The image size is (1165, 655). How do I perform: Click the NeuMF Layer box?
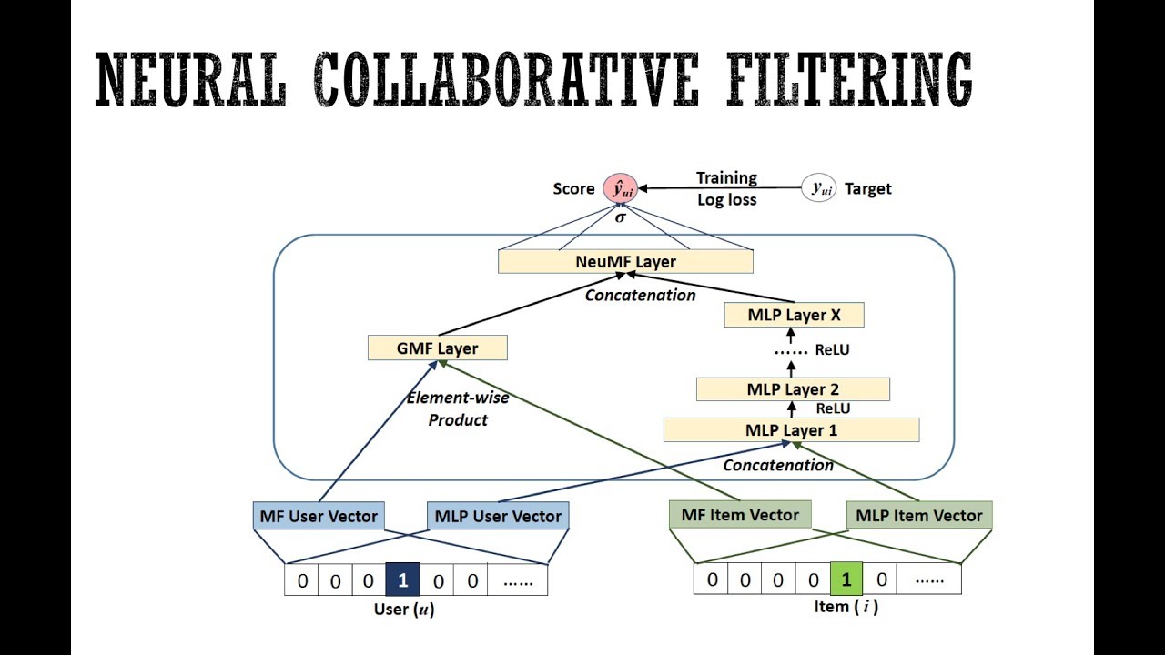pos(625,262)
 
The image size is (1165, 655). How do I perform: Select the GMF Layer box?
pos(437,348)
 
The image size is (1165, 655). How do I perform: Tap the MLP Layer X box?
pos(794,316)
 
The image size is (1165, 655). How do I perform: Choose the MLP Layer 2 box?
pos(793,389)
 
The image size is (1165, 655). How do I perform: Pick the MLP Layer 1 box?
pos(791,430)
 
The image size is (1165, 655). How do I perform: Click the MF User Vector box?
pos(319,516)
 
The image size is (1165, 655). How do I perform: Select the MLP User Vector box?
pos(498,516)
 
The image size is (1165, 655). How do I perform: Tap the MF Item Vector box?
pos(740,515)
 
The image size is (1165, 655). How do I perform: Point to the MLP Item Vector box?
pos(919,516)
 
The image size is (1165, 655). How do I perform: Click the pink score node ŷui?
pos(621,188)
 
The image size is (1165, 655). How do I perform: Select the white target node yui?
pos(819,188)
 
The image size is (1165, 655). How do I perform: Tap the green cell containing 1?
pos(846,579)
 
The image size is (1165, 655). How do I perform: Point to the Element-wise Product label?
pos(458,408)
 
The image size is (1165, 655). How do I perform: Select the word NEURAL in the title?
pos(191,80)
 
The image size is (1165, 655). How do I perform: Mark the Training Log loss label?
pos(726,189)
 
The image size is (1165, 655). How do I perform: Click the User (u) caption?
pos(403,610)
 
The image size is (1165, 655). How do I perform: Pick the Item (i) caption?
pos(846,607)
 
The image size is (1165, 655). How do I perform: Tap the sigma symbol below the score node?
pos(621,217)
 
